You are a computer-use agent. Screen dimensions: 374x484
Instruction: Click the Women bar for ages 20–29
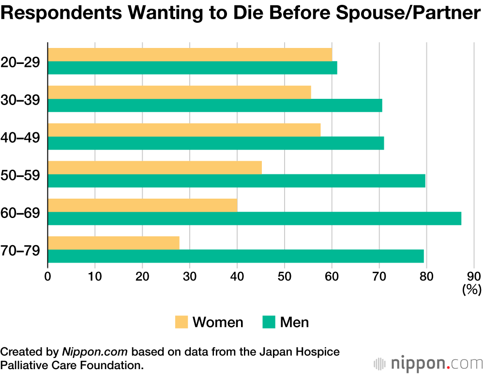(190, 55)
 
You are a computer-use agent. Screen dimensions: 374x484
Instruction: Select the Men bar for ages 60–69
(255, 218)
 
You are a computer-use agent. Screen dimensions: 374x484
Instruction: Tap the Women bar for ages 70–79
(113, 243)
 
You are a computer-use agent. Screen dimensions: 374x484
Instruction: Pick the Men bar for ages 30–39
(215, 105)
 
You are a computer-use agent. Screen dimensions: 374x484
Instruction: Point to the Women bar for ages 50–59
(155, 168)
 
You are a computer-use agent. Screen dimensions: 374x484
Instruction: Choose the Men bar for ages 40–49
(216, 143)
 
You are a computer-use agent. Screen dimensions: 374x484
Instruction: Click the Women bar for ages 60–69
(143, 205)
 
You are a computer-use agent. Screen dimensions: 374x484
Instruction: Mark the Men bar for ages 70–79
(236, 256)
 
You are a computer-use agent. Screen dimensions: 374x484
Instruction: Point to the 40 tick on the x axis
(237, 277)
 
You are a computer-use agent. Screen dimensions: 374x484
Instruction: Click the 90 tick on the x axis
(474, 277)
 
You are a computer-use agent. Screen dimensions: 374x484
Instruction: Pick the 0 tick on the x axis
(47, 277)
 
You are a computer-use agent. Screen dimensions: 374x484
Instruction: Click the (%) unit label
(471, 290)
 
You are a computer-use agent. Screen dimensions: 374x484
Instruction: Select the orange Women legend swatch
(181, 322)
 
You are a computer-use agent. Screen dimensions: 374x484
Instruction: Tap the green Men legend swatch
(269, 322)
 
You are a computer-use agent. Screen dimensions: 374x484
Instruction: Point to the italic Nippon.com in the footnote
(95, 352)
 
